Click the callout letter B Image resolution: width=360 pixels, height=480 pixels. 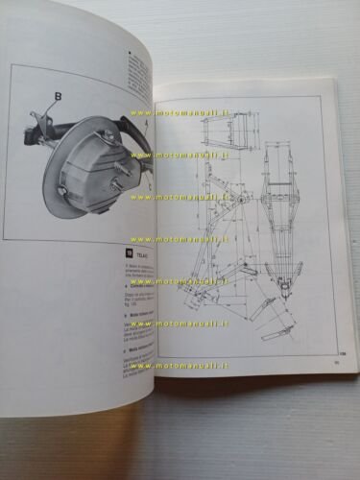59,96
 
